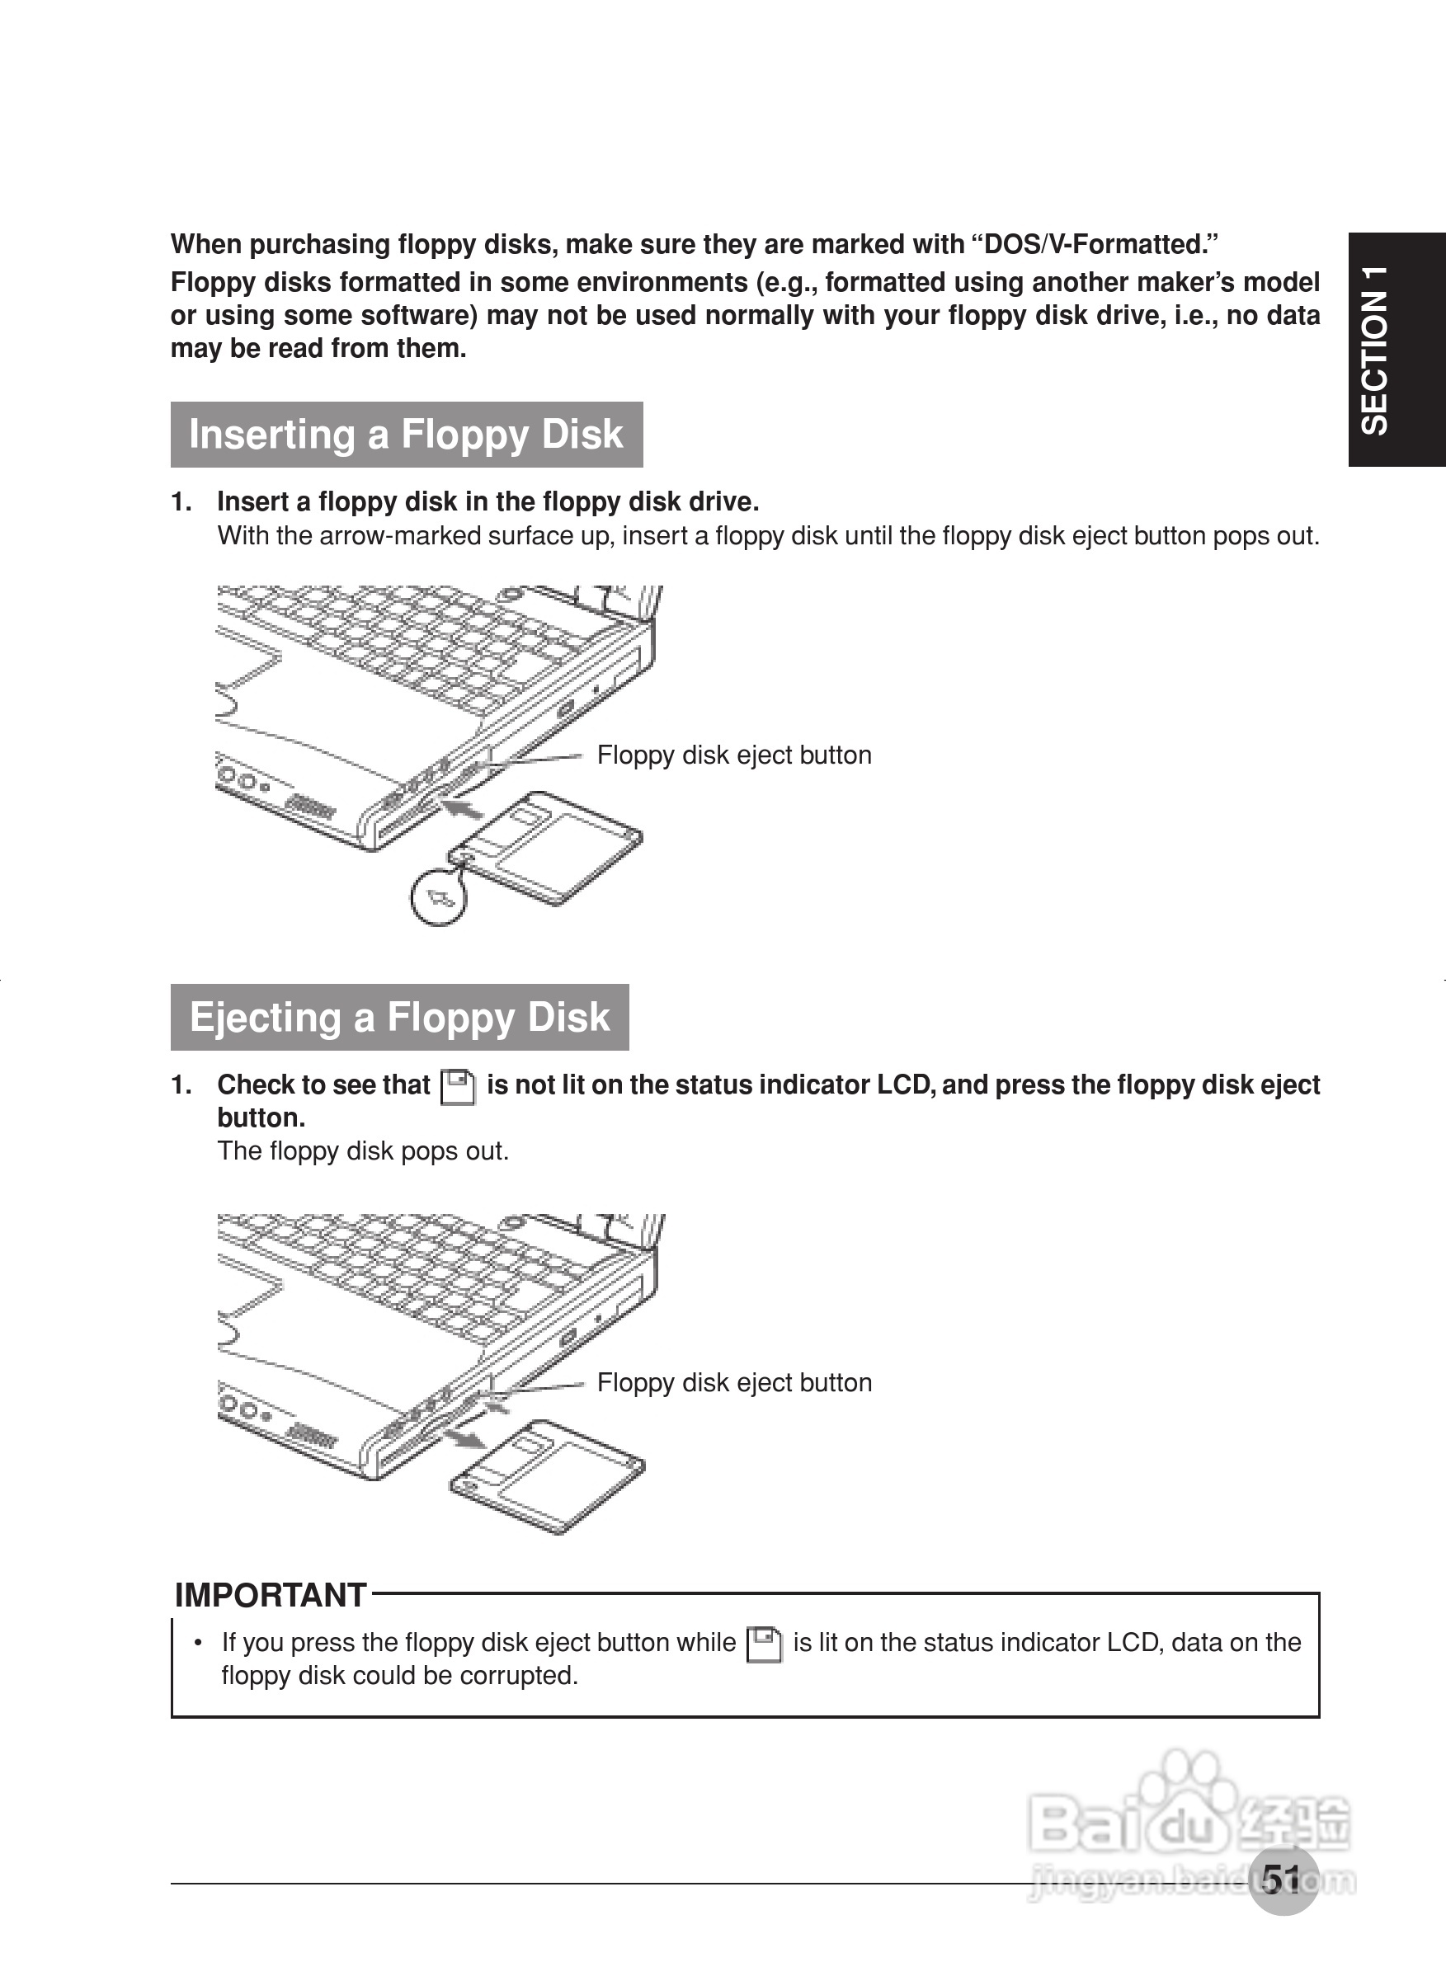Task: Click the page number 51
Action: (1282, 1879)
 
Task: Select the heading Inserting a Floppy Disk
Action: (406, 435)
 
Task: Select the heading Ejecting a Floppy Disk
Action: (399, 1017)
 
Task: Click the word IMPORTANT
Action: (271, 1595)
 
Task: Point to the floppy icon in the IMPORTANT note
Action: (764, 1644)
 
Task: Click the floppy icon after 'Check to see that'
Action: (458, 1087)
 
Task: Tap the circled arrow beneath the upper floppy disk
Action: (439, 896)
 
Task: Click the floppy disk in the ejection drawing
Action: (548, 1476)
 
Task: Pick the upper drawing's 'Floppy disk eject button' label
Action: (733, 755)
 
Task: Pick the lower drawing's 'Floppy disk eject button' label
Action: (733, 1383)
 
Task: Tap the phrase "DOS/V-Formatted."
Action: (1100, 244)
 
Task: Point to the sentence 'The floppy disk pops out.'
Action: (362, 1150)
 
